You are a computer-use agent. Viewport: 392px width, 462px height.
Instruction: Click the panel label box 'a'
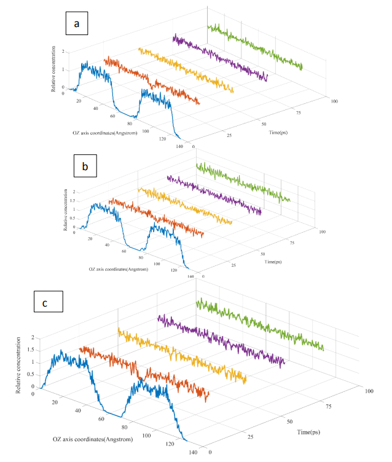(76, 25)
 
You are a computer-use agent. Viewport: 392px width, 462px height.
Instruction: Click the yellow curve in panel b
(184, 206)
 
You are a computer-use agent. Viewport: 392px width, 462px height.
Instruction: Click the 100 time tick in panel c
(369, 390)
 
